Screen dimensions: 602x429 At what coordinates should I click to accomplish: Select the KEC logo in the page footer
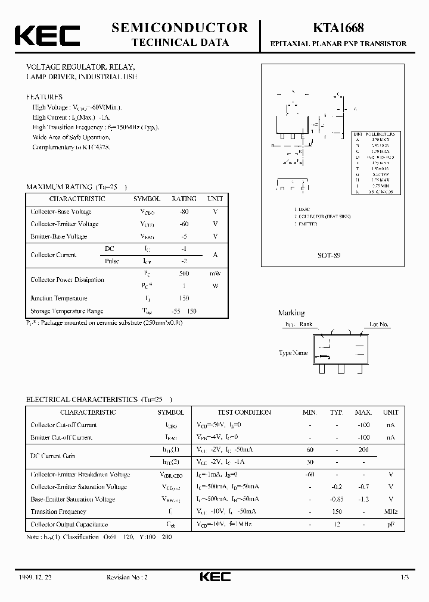point(214,577)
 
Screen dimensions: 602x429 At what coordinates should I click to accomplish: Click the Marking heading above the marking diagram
point(291,313)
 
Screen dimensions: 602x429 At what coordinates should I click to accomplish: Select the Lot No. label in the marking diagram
point(379,325)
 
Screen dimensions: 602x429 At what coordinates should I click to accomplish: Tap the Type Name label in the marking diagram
point(293,353)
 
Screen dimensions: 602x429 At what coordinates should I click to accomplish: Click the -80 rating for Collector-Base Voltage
point(184,212)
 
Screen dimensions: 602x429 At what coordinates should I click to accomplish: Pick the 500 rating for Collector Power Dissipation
point(184,274)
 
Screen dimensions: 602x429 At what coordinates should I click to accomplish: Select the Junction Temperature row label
point(59,299)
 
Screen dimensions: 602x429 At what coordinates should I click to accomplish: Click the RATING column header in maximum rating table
point(184,199)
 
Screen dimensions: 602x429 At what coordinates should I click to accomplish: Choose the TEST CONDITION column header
point(244,412)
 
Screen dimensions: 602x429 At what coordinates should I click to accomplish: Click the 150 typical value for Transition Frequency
point(337,512)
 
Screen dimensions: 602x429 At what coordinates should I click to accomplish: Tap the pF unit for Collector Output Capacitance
point(391,524)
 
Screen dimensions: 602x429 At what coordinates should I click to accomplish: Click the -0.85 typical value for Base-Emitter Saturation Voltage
point(337,499)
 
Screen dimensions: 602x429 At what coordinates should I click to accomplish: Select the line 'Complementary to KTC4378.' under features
point(71,147)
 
